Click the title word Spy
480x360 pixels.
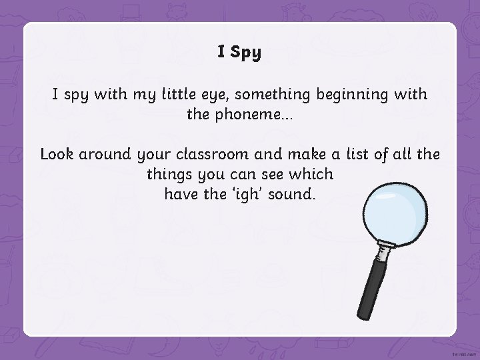click(247, 53)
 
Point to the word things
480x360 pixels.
click(169, 175)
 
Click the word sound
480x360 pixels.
click(293, 195)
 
